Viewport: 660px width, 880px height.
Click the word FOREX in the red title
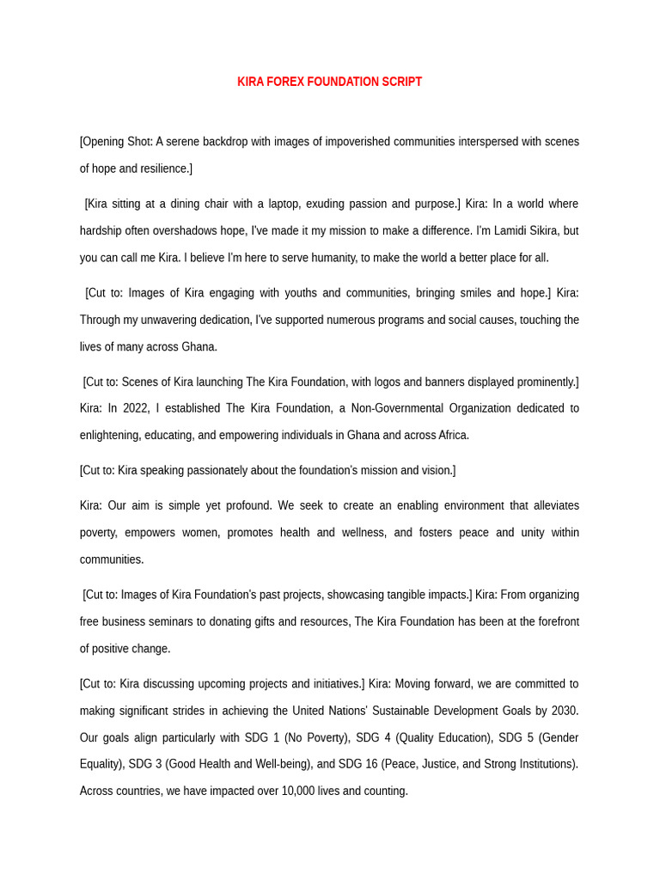click(285, 82)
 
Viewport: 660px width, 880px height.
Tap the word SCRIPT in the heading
click(399, 82)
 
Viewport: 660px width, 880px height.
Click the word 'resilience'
click(162, 168)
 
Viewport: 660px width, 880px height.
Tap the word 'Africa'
click(449, 435)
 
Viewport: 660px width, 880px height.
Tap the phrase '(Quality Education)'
click(442, 737)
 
